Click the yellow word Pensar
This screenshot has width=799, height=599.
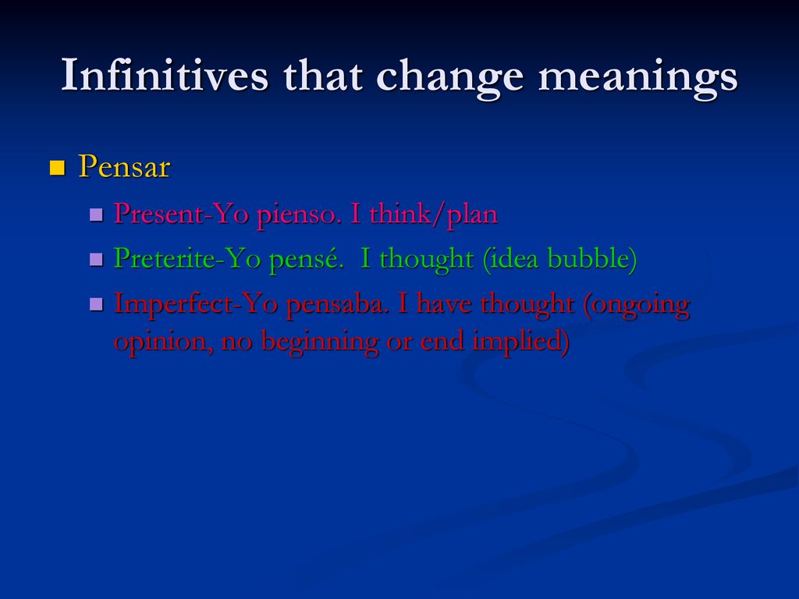point(124,167)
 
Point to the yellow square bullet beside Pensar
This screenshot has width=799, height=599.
point(57,168)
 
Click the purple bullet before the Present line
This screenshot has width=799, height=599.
point(96,214)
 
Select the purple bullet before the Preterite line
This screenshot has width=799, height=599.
point(96,259)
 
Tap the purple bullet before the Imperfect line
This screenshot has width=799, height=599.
point(96,304)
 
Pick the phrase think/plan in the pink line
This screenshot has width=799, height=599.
point(433,214)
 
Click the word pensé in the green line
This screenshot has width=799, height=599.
point(304,260)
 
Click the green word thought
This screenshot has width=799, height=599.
point(427,259)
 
